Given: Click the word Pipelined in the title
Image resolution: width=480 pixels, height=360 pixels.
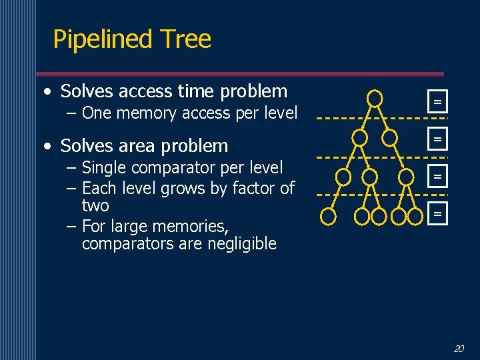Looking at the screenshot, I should tap(99, 40).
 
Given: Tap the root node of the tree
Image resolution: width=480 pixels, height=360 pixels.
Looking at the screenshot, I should tap(375, 99).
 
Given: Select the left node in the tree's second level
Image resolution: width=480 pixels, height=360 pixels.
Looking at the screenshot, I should tap(360, 138).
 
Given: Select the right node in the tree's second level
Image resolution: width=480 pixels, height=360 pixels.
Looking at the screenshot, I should tap(390, 138).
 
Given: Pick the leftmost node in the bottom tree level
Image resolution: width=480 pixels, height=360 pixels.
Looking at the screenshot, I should tap(328, 216).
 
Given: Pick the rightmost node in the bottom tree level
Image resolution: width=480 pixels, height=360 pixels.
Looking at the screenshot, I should tap(415, 216).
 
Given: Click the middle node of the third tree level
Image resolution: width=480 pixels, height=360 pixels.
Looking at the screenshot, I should tap(370, 177).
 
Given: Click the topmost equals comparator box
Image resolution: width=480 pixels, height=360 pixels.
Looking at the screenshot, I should tap(438, 102).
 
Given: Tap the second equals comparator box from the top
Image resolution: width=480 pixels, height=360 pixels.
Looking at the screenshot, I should tap(438, 139).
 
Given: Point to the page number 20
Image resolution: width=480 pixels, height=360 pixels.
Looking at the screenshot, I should tap(459, 348).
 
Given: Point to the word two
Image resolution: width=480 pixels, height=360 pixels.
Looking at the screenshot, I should tap(95, 206).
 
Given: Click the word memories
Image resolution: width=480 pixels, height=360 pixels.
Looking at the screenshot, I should tap(193, 226).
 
